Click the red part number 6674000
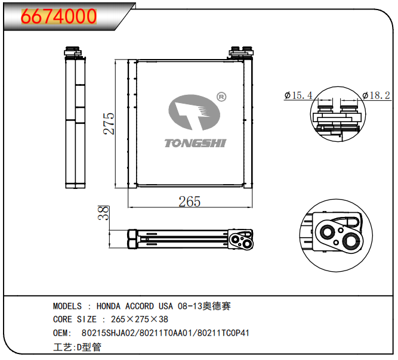click(x=59, y=16)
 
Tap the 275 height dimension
click(x=109, y=123)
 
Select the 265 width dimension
click(x=189, y=201)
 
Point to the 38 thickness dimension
click(x=103, y=213)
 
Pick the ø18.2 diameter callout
click(x=376, y=95)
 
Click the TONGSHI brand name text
click(x=195, y=142)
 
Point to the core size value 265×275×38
click(x=135, y=319)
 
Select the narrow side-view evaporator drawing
click(x=75, y=119)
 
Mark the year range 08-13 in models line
click(x=190, y=306)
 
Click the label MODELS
click(x=67, y=306)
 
